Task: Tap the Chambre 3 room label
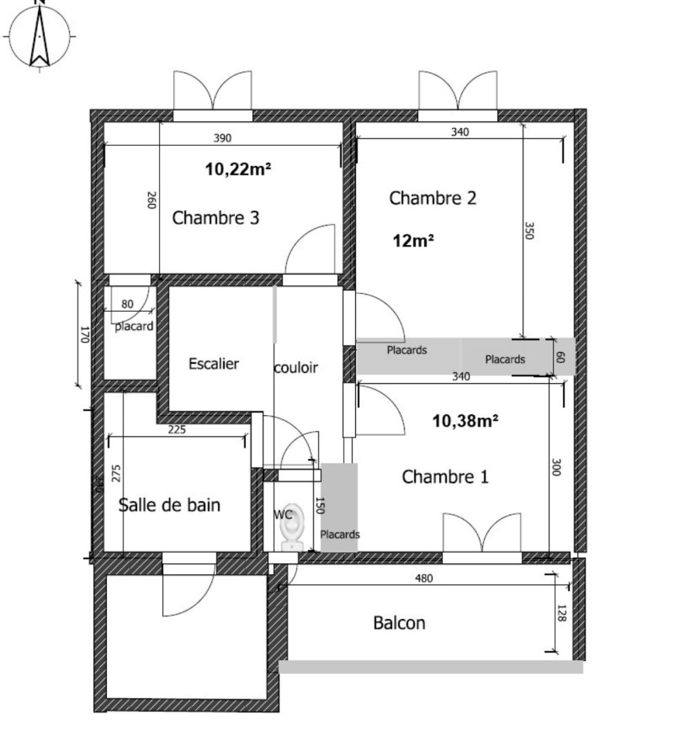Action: click(x=216, y=218)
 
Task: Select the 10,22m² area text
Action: click(x=238, y=168)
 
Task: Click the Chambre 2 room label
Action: click(x=433, y=199)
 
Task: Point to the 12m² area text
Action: click(x=413, y=241)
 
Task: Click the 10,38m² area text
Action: click(x=465, y=421)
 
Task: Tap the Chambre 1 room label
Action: click(x=445, y=477)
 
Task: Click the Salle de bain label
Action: click(x=170, y=505)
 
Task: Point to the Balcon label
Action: click(x=399, y=623)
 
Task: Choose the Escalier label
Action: click(x=214, y=364)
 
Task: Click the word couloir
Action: click(x=296, y=368)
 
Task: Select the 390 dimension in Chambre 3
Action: click(x=222, y=138)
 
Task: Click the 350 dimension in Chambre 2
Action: click(x=530, y=231)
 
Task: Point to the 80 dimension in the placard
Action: click(x=128, y=304)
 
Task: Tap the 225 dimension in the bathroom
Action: click(x=177, y=430)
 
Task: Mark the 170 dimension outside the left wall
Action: click(x=85, y=335)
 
